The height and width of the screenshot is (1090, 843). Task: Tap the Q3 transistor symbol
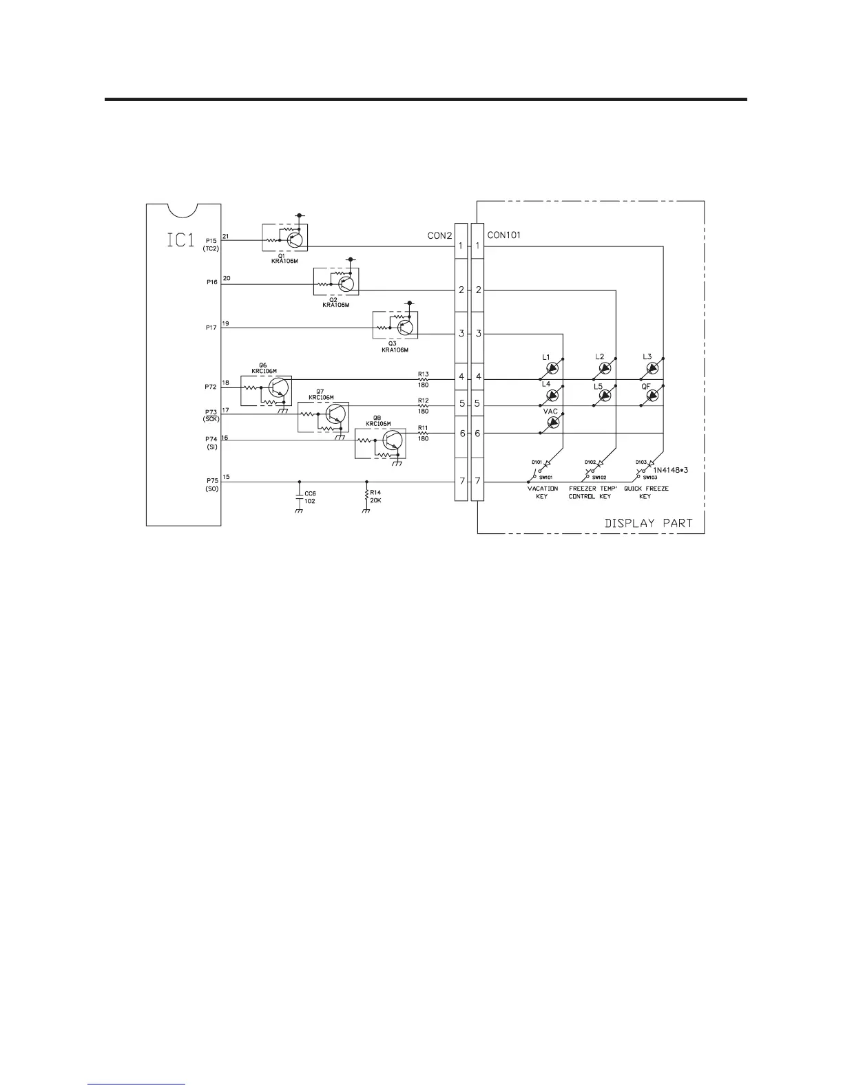[x=406, y=327]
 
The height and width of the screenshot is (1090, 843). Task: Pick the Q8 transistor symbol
[x=393, y=442]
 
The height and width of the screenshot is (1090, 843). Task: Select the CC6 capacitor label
[x=310, y=497]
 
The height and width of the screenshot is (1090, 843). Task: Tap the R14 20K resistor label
[x=375, y=497]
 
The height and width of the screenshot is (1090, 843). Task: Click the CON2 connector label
[x=439, y=235]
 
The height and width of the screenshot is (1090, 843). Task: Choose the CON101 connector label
[x=504, y=235]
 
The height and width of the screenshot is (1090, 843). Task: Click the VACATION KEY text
[x=542, y=493]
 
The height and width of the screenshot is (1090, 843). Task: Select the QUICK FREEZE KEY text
[x=646, y=493]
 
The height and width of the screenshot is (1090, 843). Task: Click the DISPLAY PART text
[x=648, y=523]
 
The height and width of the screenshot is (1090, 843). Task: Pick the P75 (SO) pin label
[x=211, y=484]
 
